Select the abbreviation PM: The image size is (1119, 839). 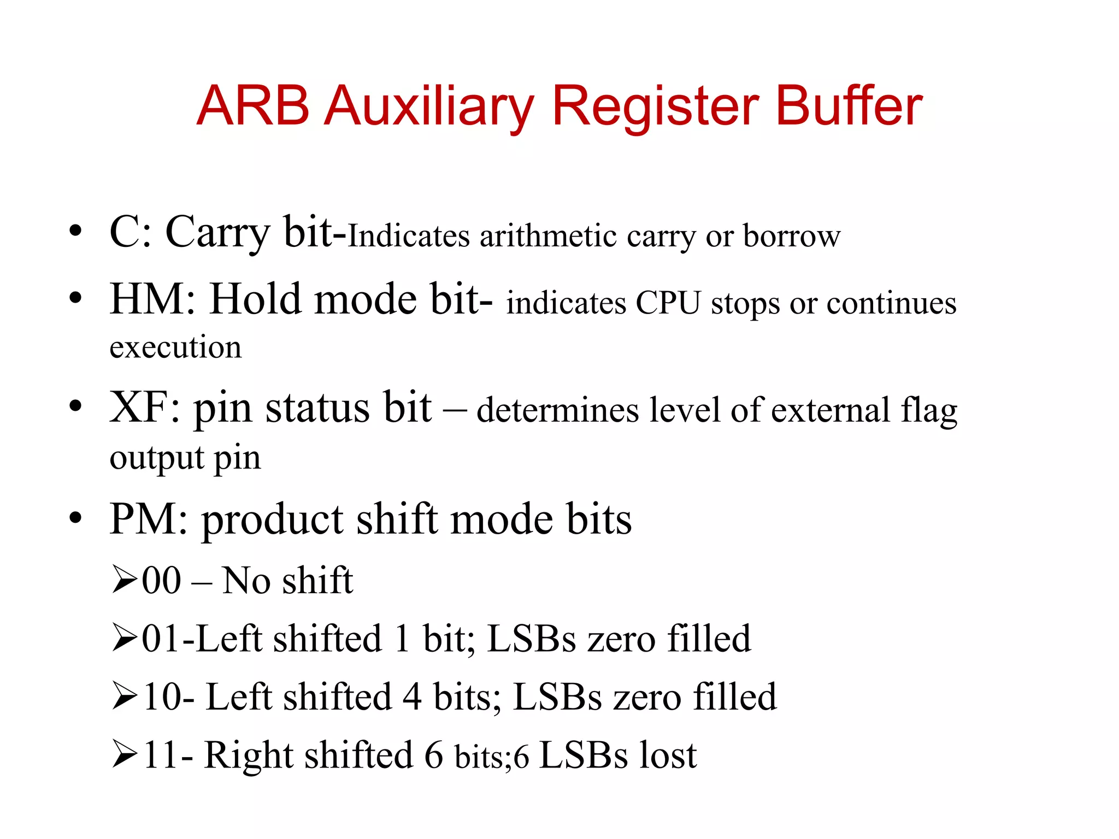click(x=149, y=519)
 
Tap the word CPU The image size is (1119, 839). click(x=668, y=303)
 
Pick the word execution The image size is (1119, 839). click(x=175, y=347)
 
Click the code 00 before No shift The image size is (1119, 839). click(x=161, y=580)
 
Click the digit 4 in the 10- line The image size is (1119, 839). click(x=412, y=697)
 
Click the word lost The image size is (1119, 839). click(x=668, y=755)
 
